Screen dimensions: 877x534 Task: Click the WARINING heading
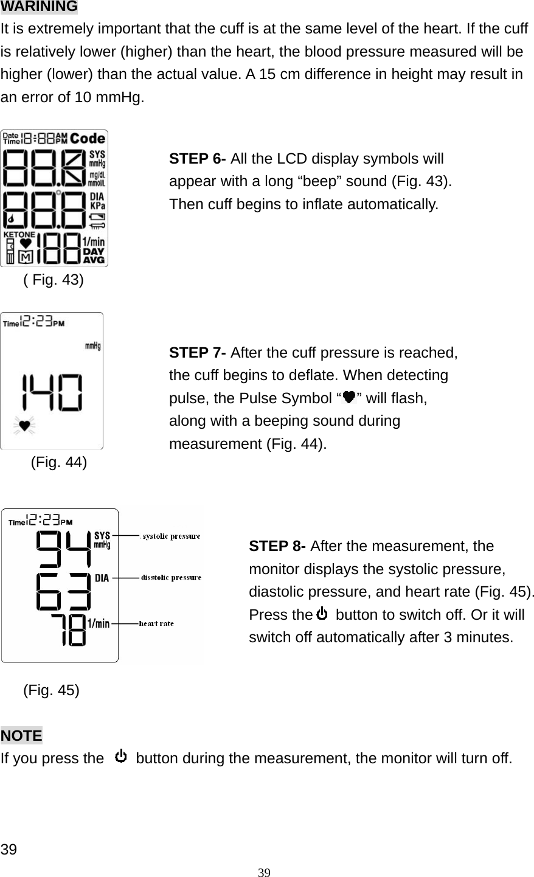[x=39, y=7]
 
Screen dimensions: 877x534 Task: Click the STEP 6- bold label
[x=198, y=159]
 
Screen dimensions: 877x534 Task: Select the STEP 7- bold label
[x=198, y=353]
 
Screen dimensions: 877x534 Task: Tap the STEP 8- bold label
[x=278, y=546]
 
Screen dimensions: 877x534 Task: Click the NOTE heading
[x=22, y=735]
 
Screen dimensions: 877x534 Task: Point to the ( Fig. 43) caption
[x=54, y=280]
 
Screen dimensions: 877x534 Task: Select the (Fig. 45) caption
[x=51, y=690]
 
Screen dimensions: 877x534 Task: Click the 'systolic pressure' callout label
[x=170, y=536]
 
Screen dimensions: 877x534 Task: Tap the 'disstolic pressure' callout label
[x=171, y=577]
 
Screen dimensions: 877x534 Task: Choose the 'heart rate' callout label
[x=156, y=623]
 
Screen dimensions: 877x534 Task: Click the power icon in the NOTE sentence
[x=121, y=757]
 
